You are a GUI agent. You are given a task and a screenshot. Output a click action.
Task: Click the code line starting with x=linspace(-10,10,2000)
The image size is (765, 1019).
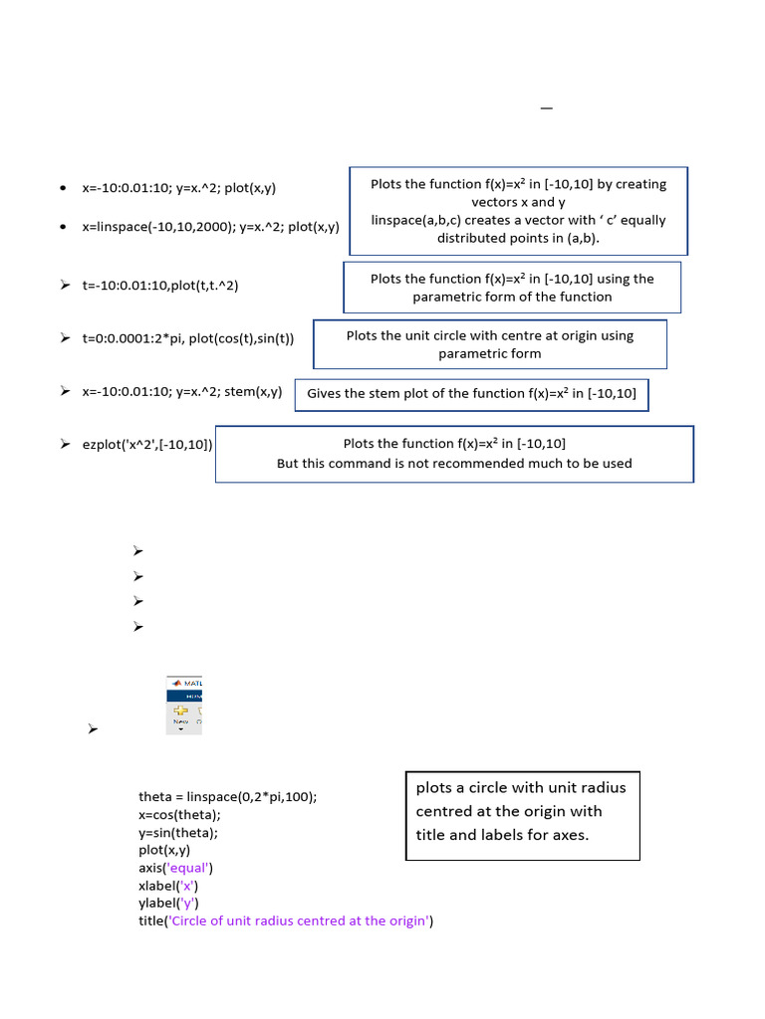click(x=211, y=227)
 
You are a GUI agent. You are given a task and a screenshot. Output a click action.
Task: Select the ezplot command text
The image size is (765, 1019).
click(x=147, y=445)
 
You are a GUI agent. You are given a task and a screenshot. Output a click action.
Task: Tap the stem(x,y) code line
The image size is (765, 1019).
click(x=182, y=392)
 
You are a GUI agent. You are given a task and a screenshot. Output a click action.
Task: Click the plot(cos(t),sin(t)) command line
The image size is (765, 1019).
click(x=188, y=338)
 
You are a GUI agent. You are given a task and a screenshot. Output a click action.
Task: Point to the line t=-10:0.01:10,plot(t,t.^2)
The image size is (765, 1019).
click(x=160, y=286)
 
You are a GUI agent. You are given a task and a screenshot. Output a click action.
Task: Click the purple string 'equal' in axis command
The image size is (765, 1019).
click(x=188, y=868)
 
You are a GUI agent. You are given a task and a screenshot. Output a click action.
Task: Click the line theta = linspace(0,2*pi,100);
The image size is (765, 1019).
click(x=228, y=797)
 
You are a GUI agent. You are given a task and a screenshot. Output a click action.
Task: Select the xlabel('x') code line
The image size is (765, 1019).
click(x=168, y=886)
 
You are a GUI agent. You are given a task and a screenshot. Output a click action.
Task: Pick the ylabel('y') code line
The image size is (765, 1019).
click(x=168, y=904)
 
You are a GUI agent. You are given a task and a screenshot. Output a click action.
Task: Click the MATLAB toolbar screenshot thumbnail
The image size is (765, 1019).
click(x=184, y=706)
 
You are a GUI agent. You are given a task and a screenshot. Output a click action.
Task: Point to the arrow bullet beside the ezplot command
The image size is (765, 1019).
click(x=65, y=444)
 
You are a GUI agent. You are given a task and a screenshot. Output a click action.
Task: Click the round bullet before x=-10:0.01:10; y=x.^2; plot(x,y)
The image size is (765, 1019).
click(x=63, y=188)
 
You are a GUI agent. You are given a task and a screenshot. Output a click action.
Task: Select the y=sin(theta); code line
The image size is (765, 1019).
click(x=178, y=833)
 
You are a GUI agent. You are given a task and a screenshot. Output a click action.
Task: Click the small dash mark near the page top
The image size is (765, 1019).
click(x=547, y=107)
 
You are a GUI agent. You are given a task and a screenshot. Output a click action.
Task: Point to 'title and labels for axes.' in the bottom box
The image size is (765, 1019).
click(x=502, y=835)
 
